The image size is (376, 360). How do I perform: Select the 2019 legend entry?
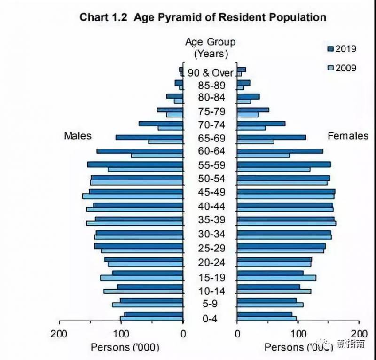tap(342, 49)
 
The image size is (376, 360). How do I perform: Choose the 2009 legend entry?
tap(342, 68)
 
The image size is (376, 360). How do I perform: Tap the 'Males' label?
tap(78, 136)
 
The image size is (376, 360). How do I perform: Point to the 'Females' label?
tap(348, 136)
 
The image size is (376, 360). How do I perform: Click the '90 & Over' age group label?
tap(210, 73)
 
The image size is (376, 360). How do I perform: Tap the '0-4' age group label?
tap(210, 320)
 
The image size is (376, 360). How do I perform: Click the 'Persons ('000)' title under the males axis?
tap(125, 347)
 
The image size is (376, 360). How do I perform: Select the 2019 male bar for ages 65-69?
tap(149, 137)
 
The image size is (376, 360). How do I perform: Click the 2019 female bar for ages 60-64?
tap(280, 151)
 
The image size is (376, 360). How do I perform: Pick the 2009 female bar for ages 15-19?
tap(276, 278)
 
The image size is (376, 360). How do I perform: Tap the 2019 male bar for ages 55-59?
tap(135, 164)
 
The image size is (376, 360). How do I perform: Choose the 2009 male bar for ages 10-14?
tap(143, 291)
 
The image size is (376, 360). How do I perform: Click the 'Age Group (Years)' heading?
tap(210, 47)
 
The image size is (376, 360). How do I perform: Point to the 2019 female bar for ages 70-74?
tap(261, 124)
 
